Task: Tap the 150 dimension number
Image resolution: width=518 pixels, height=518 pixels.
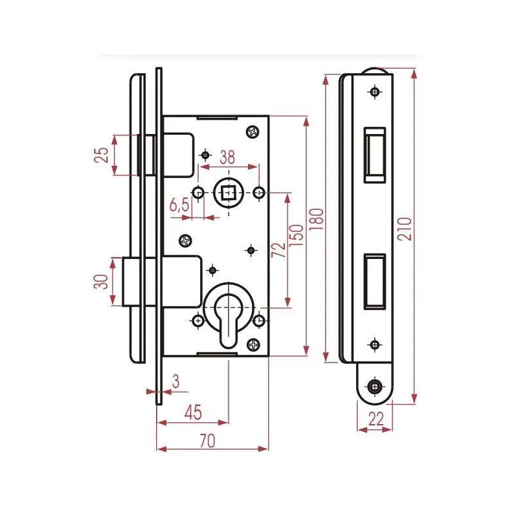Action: click(296, 235)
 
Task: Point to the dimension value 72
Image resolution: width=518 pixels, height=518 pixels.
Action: click(278, 250)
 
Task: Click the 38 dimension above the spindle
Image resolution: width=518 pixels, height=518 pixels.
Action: click(227, 157)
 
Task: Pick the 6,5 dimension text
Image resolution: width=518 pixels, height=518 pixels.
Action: click(179, 205)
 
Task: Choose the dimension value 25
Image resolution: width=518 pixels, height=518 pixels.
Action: click(102, 155)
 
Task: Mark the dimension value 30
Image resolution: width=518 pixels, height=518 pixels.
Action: click(101, 282)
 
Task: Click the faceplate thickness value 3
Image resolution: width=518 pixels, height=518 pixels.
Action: click(175, 381)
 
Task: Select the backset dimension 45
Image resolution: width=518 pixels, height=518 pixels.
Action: click(193, 412)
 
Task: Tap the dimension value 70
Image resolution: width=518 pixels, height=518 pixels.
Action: click(207, 440)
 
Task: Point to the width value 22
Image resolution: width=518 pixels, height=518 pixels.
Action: click(376, 419)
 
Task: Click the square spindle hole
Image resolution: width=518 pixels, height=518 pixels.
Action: click(229, 192)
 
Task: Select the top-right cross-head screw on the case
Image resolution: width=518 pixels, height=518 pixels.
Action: click(253, 132)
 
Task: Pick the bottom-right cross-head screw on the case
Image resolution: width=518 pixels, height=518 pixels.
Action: click(253, 345)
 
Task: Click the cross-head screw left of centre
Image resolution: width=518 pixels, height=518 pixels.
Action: click(186, 241)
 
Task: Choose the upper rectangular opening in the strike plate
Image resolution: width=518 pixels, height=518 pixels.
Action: click(375, 155)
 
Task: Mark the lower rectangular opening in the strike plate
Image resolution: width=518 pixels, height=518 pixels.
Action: click(375, 282)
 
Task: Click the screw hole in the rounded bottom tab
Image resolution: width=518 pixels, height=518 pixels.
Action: click(375, 387)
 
